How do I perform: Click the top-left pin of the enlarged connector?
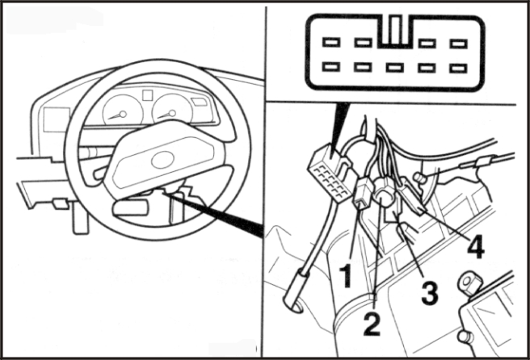(x=331, y=41)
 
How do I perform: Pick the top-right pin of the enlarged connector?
(x=459, y=41)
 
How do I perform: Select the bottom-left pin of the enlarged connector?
(x=331, y=67)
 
